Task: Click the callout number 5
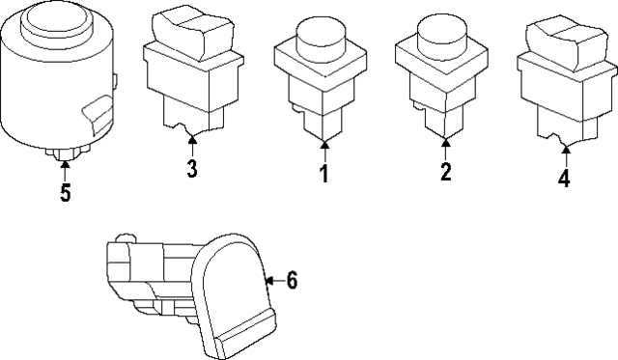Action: [66, 193]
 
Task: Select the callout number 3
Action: [192, 168]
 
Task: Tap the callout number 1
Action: [324, 174]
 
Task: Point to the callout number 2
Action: [446, 172]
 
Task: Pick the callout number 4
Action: [564, 178]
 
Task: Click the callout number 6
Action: [292, 281]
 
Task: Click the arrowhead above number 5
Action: [66, 164]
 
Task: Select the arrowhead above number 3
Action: [192, 139]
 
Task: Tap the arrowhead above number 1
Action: [324, 145]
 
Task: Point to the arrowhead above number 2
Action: [446, 142]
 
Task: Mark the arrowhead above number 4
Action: [566, 150]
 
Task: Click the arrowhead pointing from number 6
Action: [270, 281]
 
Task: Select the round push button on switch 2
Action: [442, 33]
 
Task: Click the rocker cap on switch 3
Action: [191, 32]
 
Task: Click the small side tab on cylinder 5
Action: [115, 81]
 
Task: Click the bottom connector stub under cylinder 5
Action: [67, 152]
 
